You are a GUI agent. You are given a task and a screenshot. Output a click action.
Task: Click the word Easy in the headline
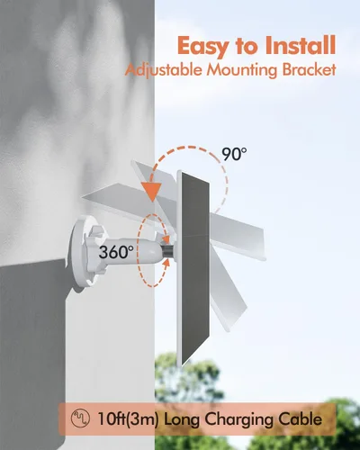(x=202, y=47)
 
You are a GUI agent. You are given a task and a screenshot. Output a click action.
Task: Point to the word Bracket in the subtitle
(x=309, y=69)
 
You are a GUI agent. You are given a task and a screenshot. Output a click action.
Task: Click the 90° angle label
(x=234, y=154)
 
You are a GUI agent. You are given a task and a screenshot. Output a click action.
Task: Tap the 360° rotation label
(x=116, y=252)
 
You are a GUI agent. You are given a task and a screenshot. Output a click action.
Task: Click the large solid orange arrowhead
(x=152, y=192)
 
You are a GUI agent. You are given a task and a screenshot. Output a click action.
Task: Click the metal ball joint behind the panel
(x=166, y=251)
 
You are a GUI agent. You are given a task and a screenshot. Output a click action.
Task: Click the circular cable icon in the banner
(x=80, y=418)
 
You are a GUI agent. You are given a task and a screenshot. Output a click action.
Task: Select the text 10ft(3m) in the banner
(x=128, y=418)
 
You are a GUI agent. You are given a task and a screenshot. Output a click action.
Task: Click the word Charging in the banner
(x=238, y=419)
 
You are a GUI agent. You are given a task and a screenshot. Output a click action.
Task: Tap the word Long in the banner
(x=182, y=419)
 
